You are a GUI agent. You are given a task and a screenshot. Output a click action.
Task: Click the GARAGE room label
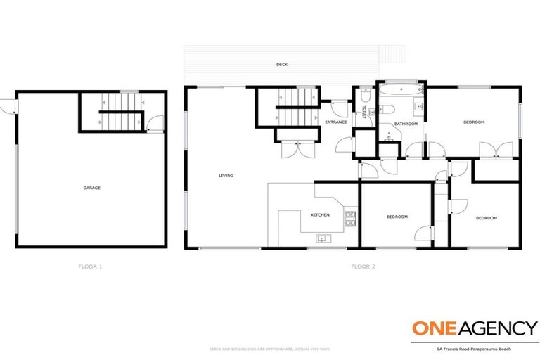(x=92, y=188)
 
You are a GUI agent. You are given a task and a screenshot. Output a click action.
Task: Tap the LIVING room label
(x=226, y=176)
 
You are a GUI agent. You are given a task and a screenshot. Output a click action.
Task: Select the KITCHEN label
(x=320, y=214)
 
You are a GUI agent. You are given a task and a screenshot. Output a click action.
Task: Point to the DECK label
(x=281, y=65)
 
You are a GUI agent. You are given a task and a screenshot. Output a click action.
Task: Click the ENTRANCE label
(x=335, y=122)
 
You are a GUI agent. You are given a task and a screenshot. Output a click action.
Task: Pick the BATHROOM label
(x=406, y=124)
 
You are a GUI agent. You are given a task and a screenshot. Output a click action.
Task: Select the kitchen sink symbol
(x=321, y=238)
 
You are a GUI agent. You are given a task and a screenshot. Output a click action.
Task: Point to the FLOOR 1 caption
(x=91, y=266)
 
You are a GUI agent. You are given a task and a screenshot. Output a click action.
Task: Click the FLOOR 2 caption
(x=363, y=266)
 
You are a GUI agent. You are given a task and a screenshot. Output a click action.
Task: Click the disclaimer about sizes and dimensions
(x=270, y=348)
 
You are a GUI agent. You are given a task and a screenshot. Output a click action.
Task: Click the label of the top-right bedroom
(x=474, y=122)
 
